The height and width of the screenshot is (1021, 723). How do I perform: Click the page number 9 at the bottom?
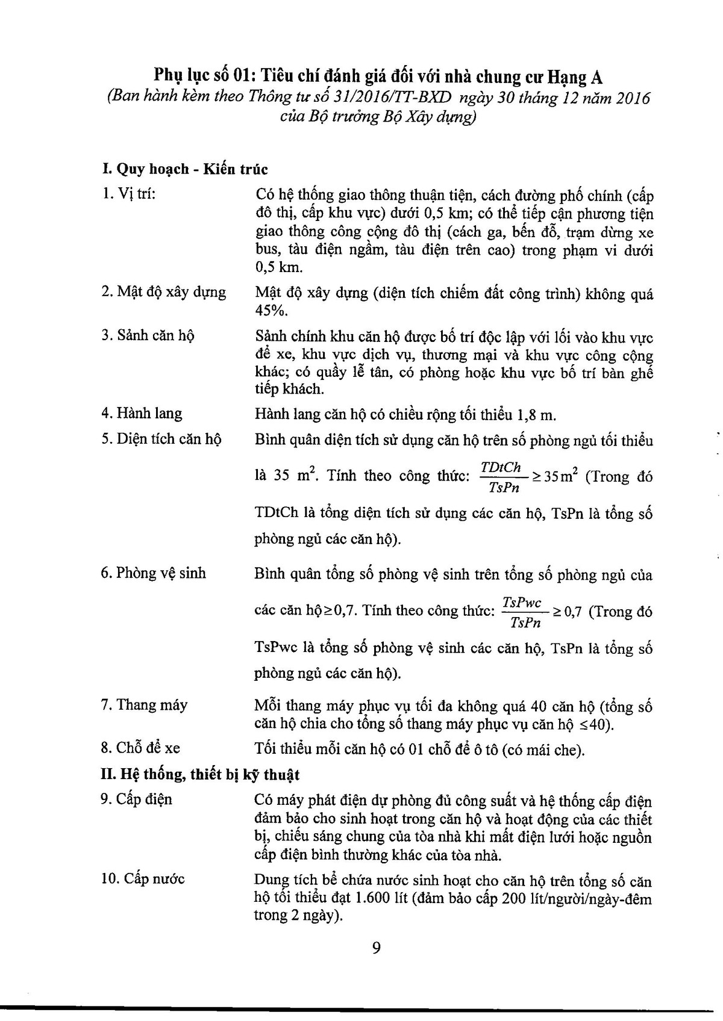(x=377, y=949)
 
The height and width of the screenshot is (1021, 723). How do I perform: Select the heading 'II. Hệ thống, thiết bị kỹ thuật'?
(x=200, y=774)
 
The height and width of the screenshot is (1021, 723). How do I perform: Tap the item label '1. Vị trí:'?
(x=128, y=194)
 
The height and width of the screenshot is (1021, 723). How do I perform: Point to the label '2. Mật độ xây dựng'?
(x=163, y=292)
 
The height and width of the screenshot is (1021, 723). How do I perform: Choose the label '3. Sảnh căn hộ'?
(x=148, y=335)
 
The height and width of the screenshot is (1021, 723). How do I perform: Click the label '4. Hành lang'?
(x=141, y=414)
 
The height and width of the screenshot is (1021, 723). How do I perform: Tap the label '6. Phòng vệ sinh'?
(x=153, y=573)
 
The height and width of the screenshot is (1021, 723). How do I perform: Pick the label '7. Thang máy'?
(x=144, y=705)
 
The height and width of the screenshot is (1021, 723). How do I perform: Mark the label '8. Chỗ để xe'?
(x=140, y=748)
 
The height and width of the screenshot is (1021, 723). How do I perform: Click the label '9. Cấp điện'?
(x=136, y=799)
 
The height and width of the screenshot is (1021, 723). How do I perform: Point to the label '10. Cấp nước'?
(x=143, y=878)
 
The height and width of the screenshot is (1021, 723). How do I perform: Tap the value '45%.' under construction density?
(x=272, y=311)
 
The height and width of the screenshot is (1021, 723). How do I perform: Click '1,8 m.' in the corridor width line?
(x=537, y=415)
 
